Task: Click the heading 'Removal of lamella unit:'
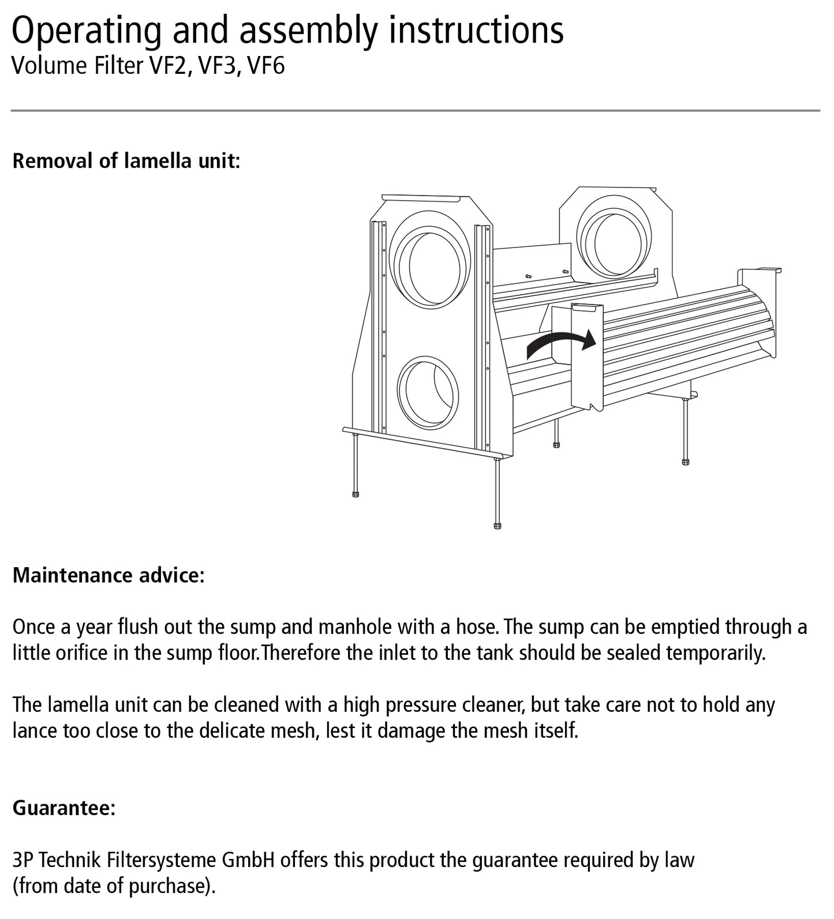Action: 126,160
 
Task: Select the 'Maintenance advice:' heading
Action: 109,575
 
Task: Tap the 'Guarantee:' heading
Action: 64,808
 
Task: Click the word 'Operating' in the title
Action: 87,30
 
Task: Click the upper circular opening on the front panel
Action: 431,267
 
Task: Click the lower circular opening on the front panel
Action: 428,393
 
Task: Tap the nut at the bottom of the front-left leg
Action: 356,494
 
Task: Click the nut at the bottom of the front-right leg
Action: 498,526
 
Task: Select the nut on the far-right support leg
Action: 685,462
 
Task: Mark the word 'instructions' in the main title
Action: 476,30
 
